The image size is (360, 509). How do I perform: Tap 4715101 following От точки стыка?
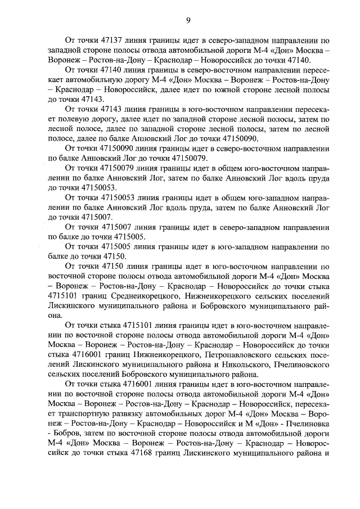[138, 325]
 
